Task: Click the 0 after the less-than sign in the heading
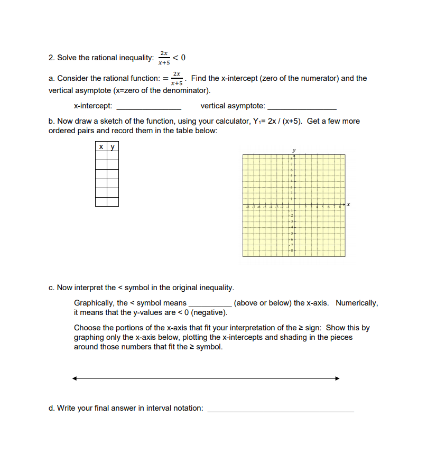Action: coord(183,57)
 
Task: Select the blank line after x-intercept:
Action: coord(148,107)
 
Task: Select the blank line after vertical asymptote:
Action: coord(302,107)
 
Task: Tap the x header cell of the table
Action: coord(101,146)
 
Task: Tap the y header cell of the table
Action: coord(112,146)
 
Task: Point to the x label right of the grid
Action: coord(349,205)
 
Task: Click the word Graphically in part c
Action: coord(94,303)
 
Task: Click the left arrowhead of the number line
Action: coord(75,378)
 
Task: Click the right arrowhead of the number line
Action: coord(337,378)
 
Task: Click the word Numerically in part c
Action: coord(357,303)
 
